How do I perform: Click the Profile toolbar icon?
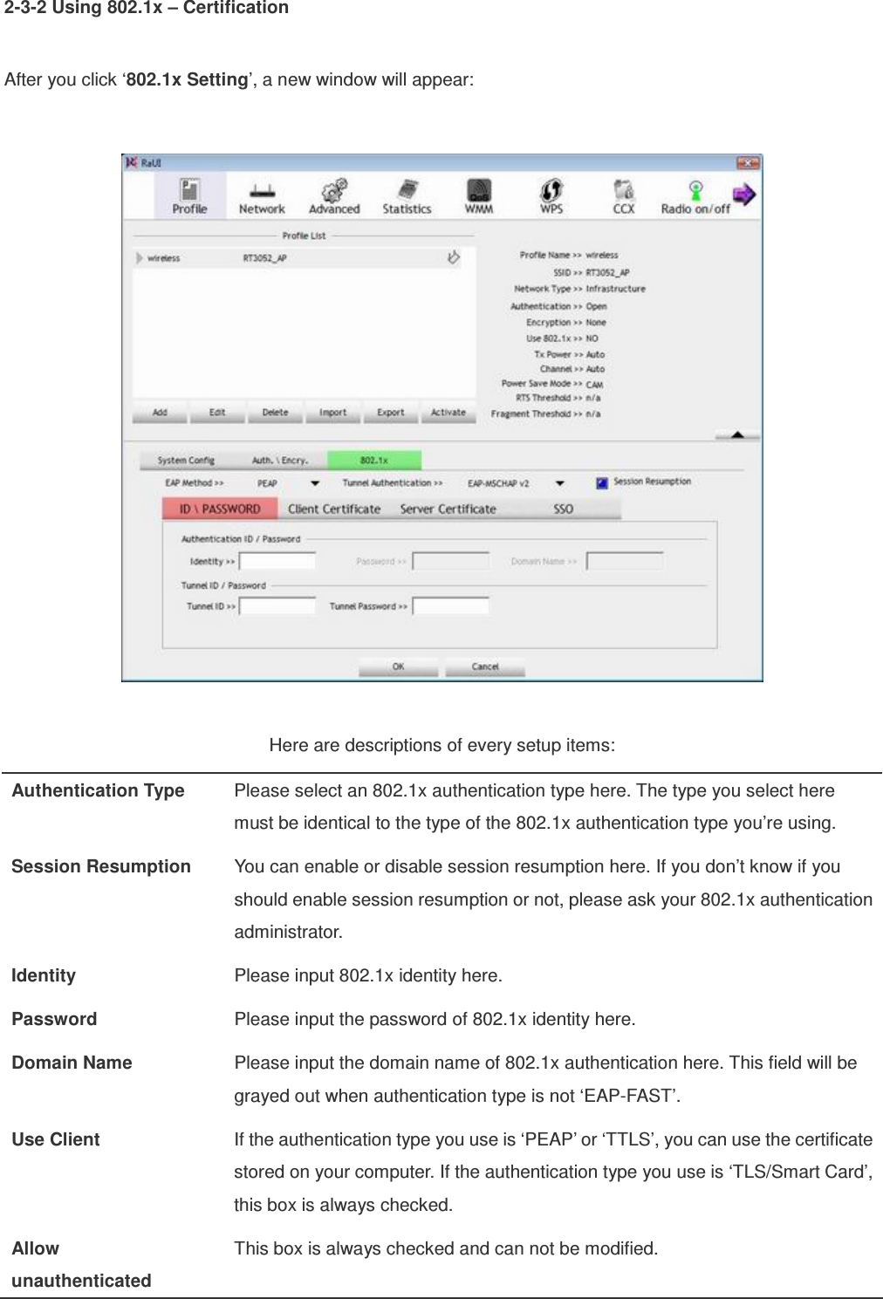(x=189, y=195)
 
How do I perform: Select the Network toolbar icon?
(x=262, y=195)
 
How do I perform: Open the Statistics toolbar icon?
(x=407, y=195)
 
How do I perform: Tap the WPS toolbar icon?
(x=551, y=195)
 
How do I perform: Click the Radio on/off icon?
(x=695, y=195)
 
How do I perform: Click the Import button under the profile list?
(x=332, y=413)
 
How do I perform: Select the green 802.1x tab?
(x=373, y=460)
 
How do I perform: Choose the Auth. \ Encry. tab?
(x=279, y=460)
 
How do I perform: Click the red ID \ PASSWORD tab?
(x=220, y=509)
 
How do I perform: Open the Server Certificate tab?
(x=448, y=509)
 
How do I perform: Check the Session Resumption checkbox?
(x=602, y=482)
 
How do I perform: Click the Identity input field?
(x=277, y=561)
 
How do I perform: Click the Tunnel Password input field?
(x=450, y=605)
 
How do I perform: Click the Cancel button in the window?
(x=485, y=667)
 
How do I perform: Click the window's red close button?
(x=748, y=163)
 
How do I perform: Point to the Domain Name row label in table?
(x=72, y=1063)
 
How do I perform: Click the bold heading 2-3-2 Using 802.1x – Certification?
(x=147, y=9)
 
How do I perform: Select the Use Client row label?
(x=56, y=1139)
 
